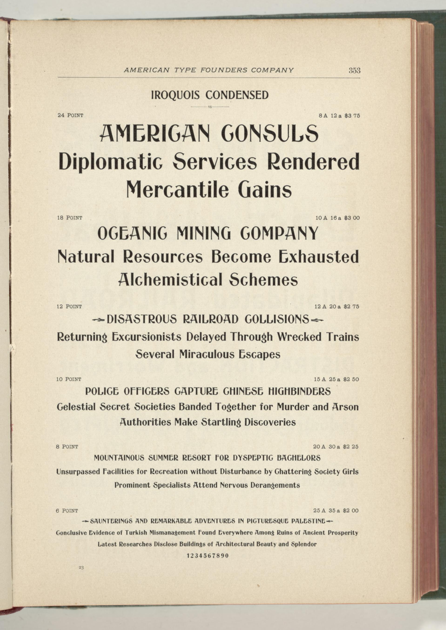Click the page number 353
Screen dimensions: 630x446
point(354,70)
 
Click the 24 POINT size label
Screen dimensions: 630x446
point(70,115)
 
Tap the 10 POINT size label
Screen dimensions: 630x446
point(69,379)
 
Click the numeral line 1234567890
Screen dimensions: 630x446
point(208,556)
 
